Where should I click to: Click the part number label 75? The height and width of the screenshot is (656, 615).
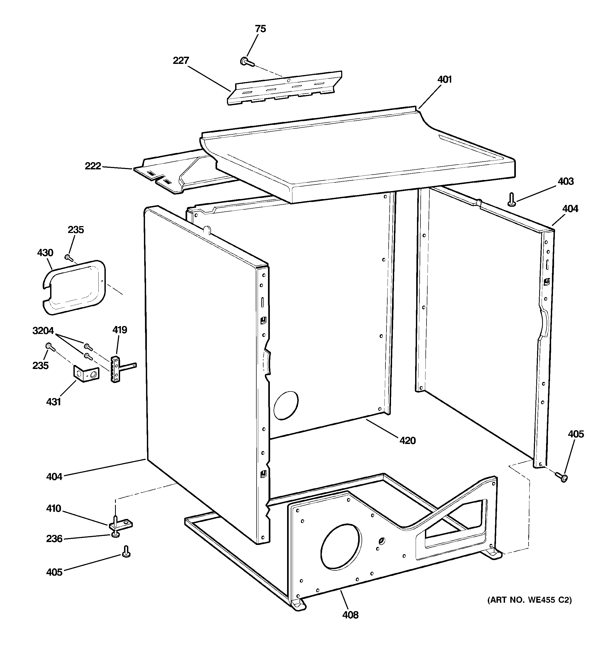click(260, 29)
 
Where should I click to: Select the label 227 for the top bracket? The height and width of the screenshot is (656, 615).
click(181, 61)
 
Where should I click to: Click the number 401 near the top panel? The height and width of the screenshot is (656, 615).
click(444, 80)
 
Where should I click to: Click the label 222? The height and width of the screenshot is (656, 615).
click(93, 166)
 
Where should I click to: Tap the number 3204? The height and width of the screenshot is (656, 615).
click(43, 331)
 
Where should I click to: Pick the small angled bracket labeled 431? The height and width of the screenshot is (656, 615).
click(85, 374)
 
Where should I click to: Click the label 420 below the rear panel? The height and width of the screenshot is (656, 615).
click(407, 441)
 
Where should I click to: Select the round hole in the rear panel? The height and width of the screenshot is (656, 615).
click(286, 405)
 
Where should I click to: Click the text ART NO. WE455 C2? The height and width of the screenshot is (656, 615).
click(529, 600)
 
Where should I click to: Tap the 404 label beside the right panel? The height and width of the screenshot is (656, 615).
click(570, 209)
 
